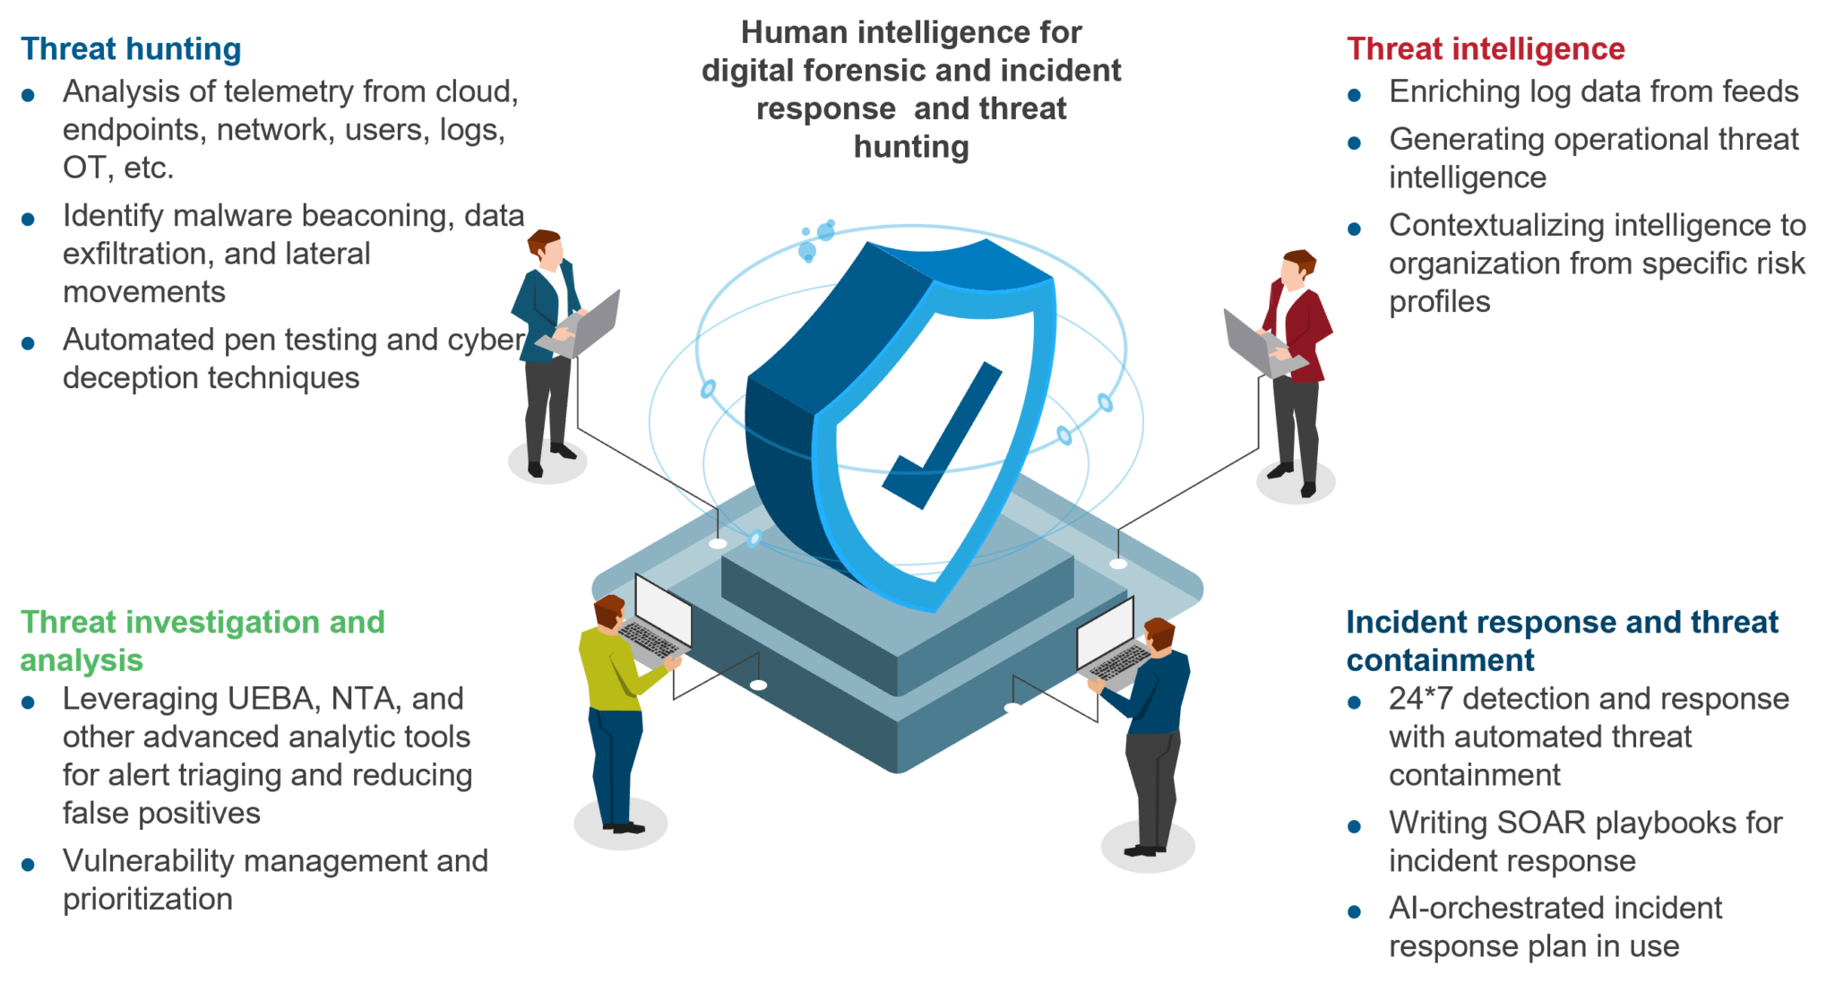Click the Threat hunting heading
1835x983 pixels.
coord(131,49)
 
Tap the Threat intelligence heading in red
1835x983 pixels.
coord(1486,49)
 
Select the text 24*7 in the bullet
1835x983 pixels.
coord(1420,698)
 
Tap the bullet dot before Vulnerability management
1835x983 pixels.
coord(29,865)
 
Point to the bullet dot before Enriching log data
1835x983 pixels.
coord(1355,95)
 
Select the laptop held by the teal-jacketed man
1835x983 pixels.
coord(582,324)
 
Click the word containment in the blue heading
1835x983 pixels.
coord(1440,660)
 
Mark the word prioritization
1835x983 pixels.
coord(148,899)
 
